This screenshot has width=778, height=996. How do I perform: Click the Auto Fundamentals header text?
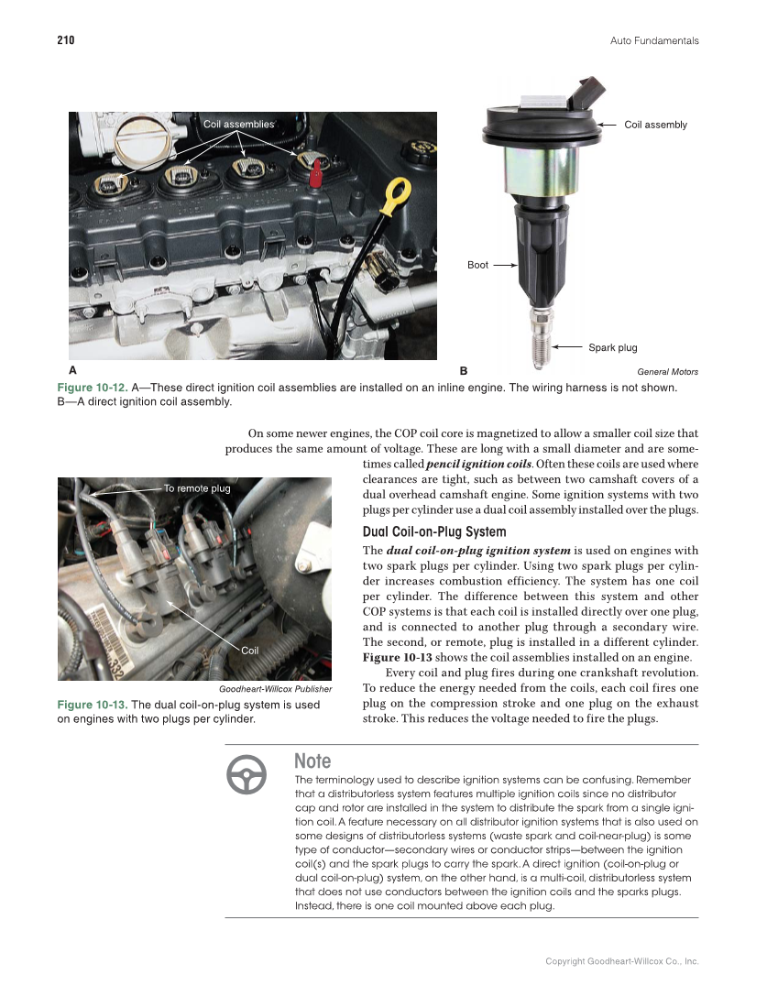(653, 40)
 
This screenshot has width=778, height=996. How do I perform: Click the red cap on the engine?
(316, 172)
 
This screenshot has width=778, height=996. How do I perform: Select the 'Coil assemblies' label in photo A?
(238, 124)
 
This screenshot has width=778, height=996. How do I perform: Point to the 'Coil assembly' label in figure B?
(655, 125)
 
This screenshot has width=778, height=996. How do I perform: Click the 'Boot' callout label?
(477, 265)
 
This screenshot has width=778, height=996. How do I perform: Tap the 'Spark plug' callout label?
(612, 347)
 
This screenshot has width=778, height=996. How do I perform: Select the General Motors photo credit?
(667, 372)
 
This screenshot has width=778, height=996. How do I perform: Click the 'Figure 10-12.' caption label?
(92, 388)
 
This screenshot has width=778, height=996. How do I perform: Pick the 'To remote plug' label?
(197, 488)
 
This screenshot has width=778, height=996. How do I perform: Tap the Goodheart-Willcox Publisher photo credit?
(275, 688)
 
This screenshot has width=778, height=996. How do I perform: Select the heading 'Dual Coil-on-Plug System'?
(434, 532)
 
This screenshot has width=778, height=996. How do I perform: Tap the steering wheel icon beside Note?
(247, 775)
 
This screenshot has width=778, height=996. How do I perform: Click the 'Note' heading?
(312, 761)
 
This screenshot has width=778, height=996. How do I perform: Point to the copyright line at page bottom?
(621, 961)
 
